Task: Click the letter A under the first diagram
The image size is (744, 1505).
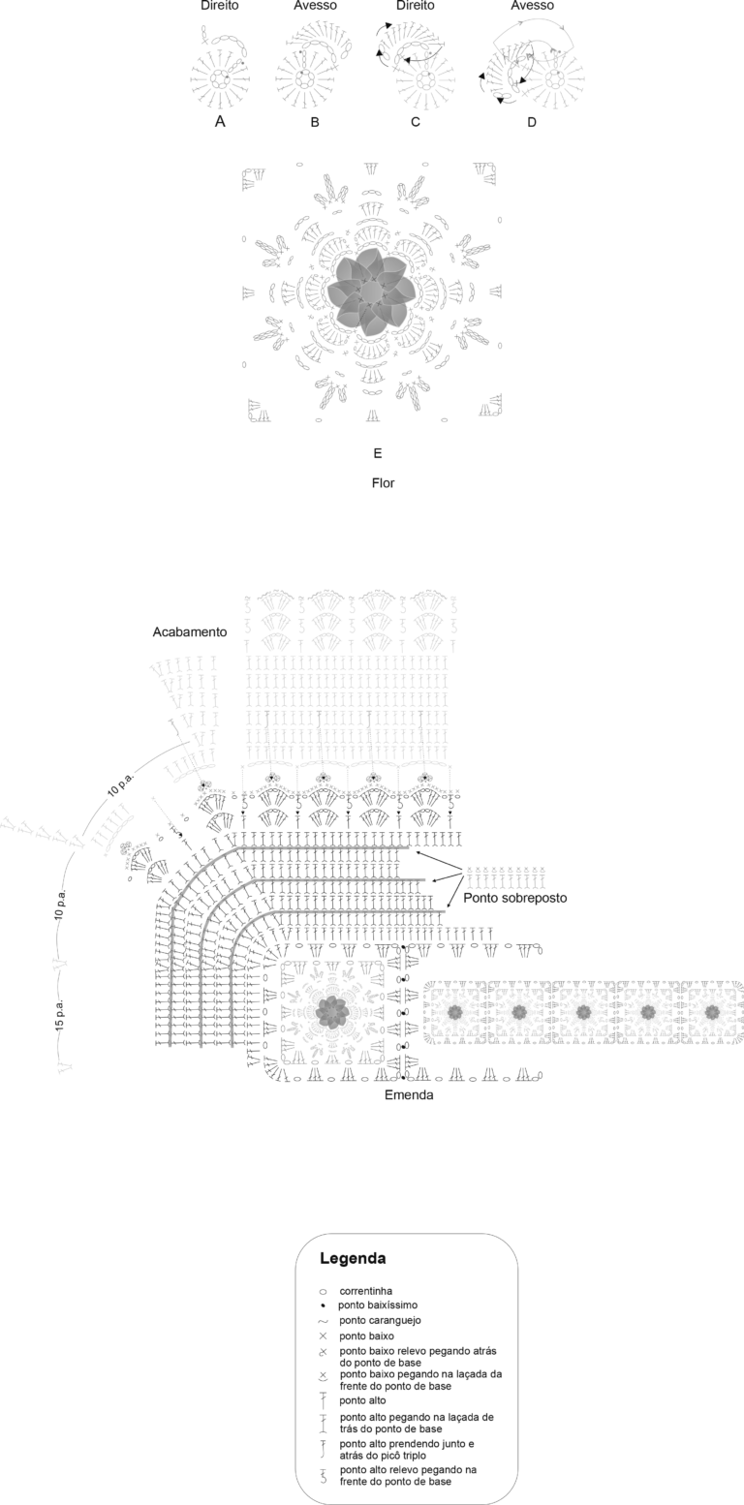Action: pos(220,122)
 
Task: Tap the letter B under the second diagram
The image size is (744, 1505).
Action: pos(315,122)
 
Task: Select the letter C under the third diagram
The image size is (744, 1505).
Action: pos(416,122)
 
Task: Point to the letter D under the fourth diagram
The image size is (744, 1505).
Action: pos(532,122)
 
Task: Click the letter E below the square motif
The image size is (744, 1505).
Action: pos(378,453)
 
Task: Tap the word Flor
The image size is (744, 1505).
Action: pos(383,482)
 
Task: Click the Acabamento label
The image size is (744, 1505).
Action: pos(190,632)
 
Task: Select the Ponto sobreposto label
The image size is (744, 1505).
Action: pos(514,898)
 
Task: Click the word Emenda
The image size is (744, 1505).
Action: pos(409,1094)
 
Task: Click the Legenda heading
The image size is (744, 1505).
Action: pos(353,1258)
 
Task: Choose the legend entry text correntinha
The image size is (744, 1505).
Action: pos(365,1291)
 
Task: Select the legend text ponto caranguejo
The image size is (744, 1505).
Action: pos(380,1320)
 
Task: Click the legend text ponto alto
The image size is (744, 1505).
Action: pos(362,1400)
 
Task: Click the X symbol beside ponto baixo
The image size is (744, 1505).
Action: pos(323,1336)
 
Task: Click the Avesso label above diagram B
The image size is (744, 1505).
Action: pos(315,6)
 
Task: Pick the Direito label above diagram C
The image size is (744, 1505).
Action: pos(416,6)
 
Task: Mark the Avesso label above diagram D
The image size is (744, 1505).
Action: pos(532,6)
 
